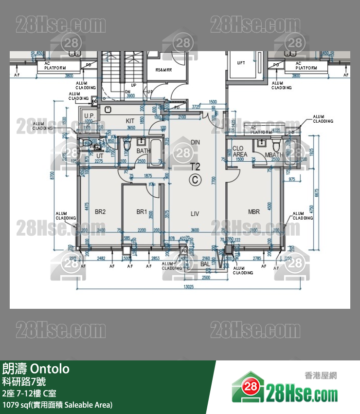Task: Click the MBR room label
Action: [x=254, y=212]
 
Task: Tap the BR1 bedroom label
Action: [x=142, y=212]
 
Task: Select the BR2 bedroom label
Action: [x=100, y=212]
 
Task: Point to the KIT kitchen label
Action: [x=130, y=121]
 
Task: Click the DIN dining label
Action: [x=195, y=142]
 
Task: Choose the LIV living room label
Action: [x=195, y=213]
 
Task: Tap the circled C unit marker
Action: [x=195, y=180]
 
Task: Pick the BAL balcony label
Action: [x=205, y=263]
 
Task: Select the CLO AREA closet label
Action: [x=239, y=151]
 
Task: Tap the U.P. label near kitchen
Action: [x=89, y=115]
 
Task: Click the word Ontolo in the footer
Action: [x=50, y=369]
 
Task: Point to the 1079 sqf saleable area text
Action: [x=57, y=405]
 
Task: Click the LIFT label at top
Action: [x=241, y=63]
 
